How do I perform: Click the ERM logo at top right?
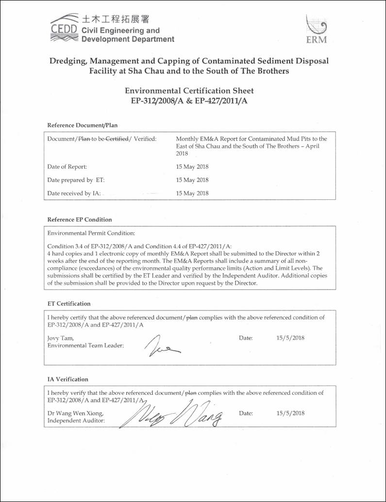pos(316,29)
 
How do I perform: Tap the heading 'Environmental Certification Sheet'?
pos(189,91)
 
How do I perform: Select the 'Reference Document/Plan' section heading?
pos(82,125)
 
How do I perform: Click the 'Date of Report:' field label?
pos(67,166)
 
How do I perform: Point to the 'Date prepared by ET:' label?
pos(76,179)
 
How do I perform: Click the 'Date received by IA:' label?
pos(74,193)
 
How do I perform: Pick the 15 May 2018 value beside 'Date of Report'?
pos(192,166)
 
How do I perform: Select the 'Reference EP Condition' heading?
pos(79,219)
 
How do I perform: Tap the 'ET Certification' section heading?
pos(68,304)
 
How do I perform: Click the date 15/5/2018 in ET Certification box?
pos(290,338)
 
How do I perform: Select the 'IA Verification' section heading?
pos(67,379)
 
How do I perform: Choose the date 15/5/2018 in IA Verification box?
pos(290,413)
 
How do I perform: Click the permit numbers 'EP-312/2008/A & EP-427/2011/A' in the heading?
pos(189,101)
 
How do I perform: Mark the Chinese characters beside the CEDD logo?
pos(116,19)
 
